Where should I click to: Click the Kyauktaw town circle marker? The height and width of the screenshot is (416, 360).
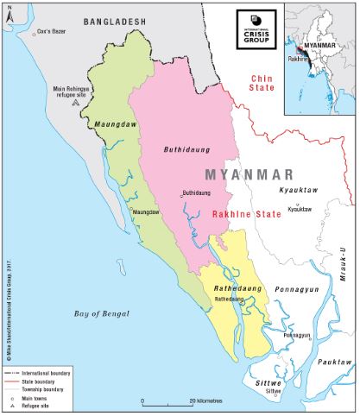pyautogui.click(x=289, y=204)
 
